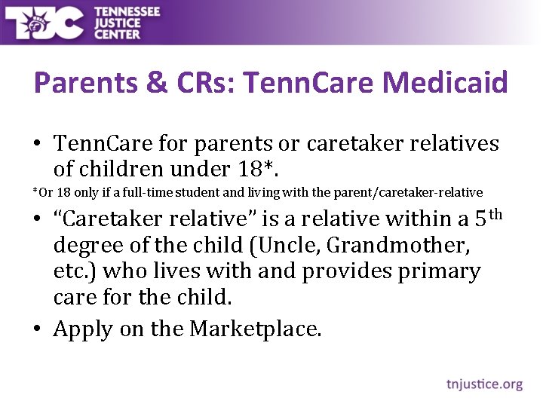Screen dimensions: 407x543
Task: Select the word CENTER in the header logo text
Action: (x=117, y=34)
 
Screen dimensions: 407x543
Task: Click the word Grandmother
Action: (x=438, y=246)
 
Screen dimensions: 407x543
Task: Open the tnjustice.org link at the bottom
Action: (x=483, y=384)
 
